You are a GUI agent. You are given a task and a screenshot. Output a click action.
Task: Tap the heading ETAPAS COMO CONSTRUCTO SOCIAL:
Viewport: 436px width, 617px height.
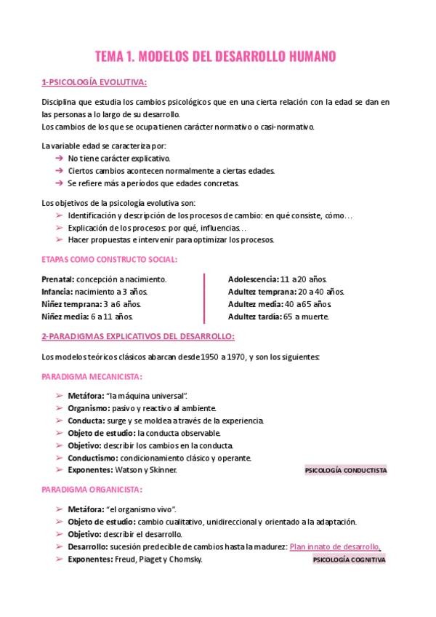click(x=110, y=259)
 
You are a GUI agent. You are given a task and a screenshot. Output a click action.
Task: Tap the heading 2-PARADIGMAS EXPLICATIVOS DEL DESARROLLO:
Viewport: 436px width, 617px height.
click(x=138, y=337)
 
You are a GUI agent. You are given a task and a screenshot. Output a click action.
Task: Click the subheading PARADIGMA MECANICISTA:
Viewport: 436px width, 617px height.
click(x=92, y=376)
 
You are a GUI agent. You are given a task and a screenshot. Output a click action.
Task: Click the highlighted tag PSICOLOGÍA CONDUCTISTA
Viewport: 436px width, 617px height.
click(x=346, y=471)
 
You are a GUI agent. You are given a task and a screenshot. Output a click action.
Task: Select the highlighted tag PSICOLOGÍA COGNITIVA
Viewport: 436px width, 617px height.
click(x=349, y=560)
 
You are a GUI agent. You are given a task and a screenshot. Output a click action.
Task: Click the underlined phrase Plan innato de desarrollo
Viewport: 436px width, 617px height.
click(x=334, y=546)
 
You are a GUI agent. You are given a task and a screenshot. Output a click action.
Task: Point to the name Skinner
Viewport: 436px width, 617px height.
click(x=163, y=470)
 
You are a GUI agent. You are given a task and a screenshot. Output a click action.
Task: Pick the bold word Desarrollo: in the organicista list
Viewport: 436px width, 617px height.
click(x=89, y=546)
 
